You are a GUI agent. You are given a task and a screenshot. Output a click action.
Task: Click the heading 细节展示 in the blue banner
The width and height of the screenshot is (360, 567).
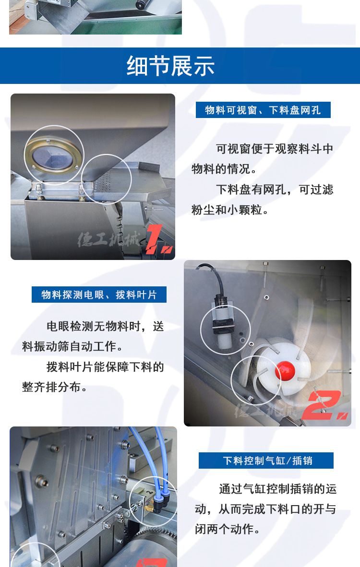click(170, 66)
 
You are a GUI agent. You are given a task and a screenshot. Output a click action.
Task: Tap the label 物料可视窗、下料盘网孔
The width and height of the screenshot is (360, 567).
click(263, 110)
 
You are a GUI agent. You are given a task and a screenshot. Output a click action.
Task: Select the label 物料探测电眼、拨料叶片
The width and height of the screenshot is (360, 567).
click(99, 295)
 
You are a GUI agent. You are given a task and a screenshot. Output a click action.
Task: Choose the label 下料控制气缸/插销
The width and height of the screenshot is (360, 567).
click(266, 461)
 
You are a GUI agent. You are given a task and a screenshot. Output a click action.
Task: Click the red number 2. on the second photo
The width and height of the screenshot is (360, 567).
click(326, 405)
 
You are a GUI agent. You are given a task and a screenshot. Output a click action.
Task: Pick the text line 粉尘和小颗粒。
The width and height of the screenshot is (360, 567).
click(230, 210)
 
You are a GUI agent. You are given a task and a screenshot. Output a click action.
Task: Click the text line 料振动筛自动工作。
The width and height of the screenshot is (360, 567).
click(72, 346)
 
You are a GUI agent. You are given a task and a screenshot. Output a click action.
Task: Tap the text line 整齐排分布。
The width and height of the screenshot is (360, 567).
click(55, 387)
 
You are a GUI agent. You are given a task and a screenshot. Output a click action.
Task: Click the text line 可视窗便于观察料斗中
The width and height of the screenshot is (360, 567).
click(274, 149)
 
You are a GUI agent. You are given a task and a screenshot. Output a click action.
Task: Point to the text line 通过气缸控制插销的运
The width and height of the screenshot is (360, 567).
click(277, 489)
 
